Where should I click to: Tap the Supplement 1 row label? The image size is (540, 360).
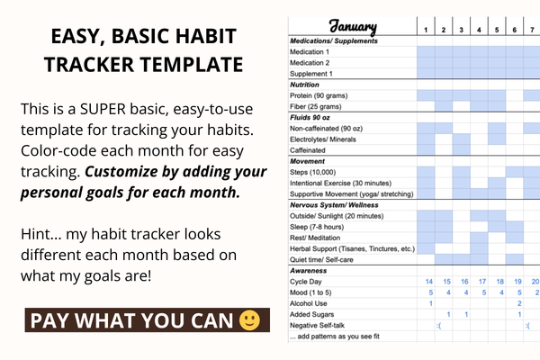pyautogui.click(x=314, y=74)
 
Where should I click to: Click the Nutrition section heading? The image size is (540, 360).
pyautogui.click(x=306, y=85)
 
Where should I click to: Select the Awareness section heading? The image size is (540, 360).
pyautogui.click(x=310, y=270)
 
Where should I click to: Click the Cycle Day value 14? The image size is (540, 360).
pyautogui.click(x=430, y=282)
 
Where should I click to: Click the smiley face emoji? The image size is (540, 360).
pyautogui.click(x=249, y=320)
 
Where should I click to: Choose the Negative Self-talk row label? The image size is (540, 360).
pyautogui.click(x=319, y=325)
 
